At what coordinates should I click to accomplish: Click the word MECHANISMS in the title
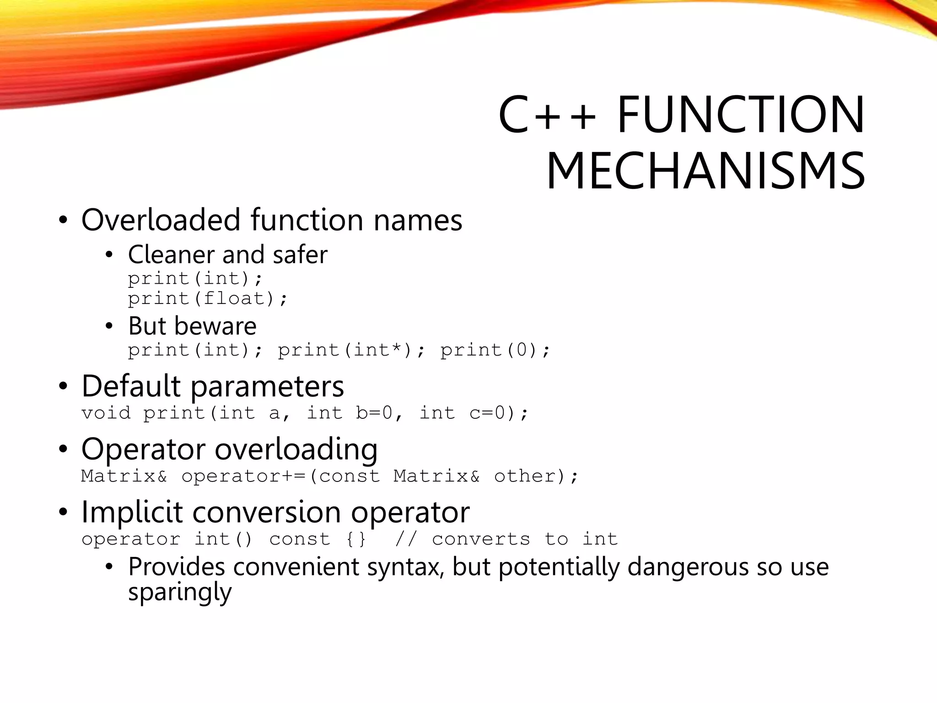tap(705, 171)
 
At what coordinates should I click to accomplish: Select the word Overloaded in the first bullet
tap(161, 220)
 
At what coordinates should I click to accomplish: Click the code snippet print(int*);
tap(351, 350)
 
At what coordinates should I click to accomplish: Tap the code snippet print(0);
tap(495, 350)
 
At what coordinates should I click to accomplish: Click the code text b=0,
tap(379, 413)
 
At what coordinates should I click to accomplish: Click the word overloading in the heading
tap(296, 449)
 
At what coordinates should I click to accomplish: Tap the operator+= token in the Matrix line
tap(243, 476)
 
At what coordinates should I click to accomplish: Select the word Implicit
tap(132, 512)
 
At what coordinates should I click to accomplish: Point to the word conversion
tap(267, 512)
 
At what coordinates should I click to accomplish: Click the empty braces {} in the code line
tap(356, 540)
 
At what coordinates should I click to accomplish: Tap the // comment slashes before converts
tap(406, 540)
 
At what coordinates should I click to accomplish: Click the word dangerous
tap(689, 567)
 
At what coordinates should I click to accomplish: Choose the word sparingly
tap(180, 593)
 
